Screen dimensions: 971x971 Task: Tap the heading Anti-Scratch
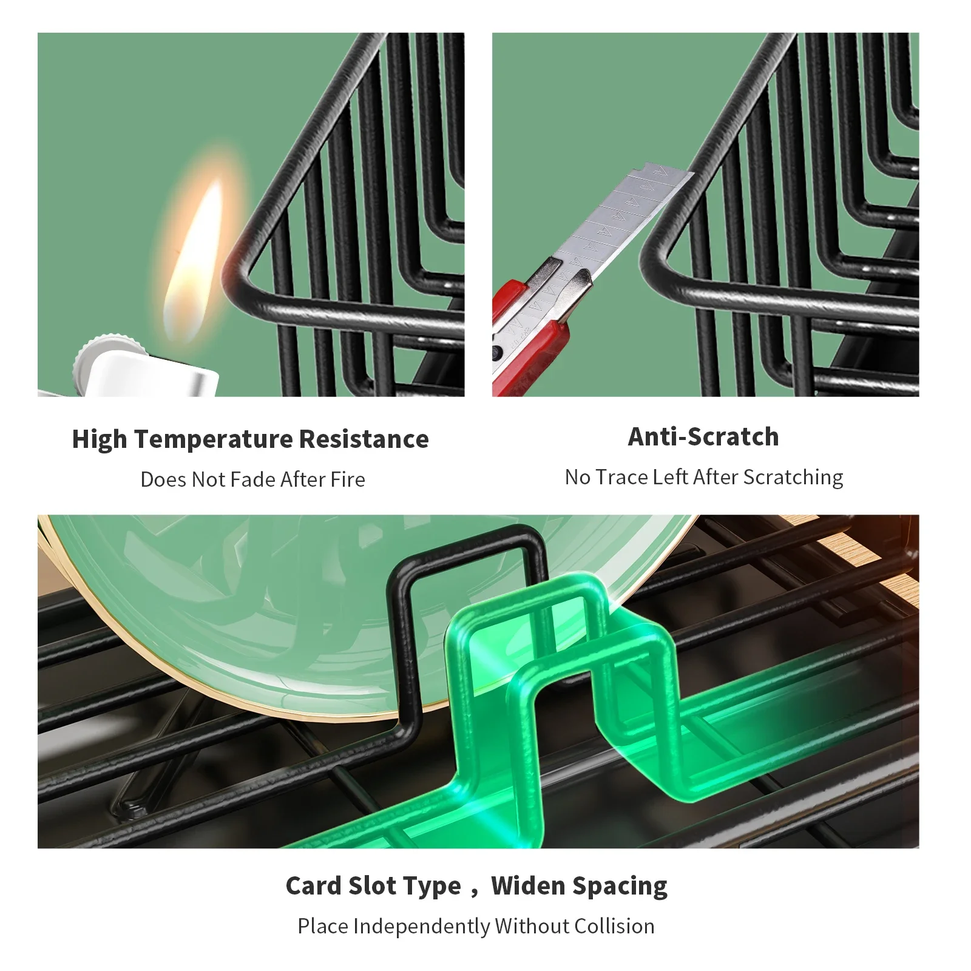703,437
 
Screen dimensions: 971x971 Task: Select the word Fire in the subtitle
348,479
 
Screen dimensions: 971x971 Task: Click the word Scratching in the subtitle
793,478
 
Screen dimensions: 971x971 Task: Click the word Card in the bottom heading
314,886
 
